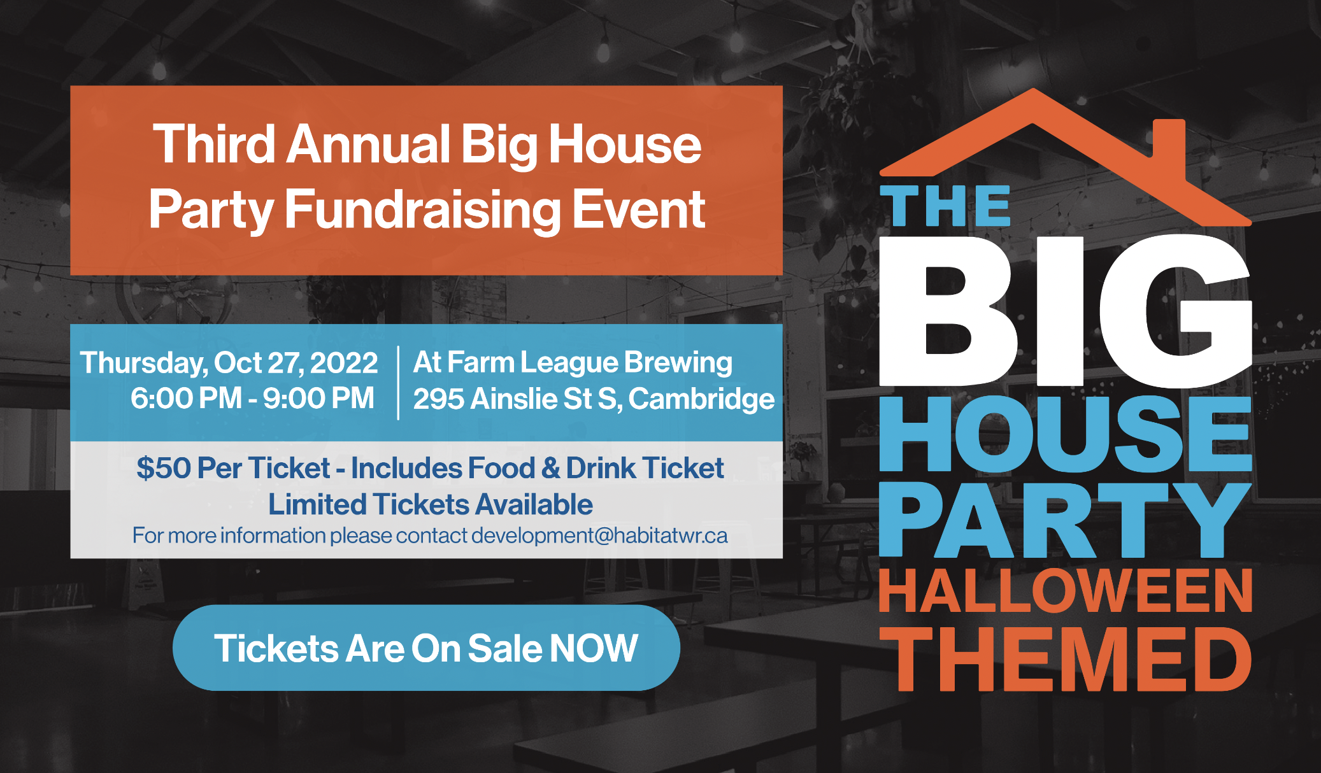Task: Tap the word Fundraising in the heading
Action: coord(422,209)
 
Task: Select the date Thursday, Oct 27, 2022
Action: coord(229,364)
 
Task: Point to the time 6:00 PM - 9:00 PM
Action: coord(252,399)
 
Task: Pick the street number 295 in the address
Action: coord(439,399)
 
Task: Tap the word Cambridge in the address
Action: coord(701,399)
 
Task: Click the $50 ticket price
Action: coord(164,468)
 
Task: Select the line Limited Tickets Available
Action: coord(431,504)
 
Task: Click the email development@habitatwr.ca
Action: coord(599,535)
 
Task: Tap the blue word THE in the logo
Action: coord(945,206)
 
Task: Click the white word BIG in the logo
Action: coord(1066,310)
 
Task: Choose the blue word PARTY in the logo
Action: coord(1066,520)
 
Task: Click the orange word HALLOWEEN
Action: coord(1066,591)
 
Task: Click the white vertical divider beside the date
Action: coord(398,383)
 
